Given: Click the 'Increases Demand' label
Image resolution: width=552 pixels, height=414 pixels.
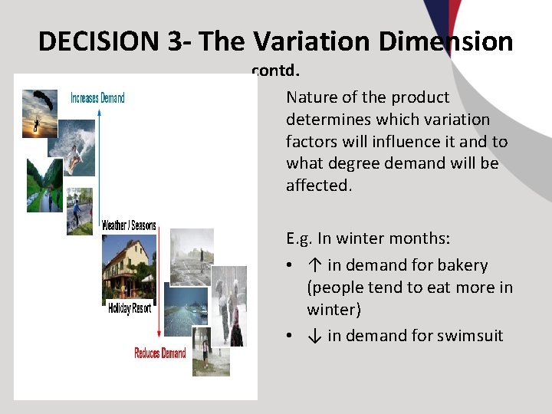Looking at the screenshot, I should point(97,98).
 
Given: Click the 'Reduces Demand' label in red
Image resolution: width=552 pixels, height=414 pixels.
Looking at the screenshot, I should point(159,353).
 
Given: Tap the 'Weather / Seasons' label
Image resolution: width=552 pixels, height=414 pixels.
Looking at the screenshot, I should point(129,225).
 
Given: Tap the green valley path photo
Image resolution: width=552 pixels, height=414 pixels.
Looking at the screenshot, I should point(44,185).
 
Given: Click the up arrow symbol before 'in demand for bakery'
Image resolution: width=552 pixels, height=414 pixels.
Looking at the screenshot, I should point(314,265).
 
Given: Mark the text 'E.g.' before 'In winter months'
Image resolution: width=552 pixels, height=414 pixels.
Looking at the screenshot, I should point(301,238).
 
